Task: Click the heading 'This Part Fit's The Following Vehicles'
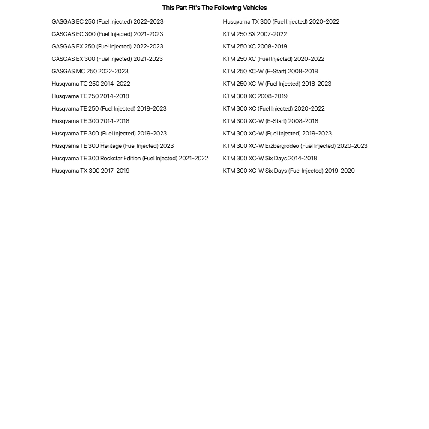click(214, 8)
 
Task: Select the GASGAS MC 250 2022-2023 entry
click(90, 71)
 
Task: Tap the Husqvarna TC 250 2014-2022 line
click(91, 84)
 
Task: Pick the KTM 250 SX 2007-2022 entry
click(255, 34)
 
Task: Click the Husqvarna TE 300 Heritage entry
click(113, 146)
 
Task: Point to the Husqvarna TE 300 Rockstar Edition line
click(130, 158)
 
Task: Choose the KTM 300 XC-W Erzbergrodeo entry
click(295, 146)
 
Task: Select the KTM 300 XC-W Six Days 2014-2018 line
click(270, 158)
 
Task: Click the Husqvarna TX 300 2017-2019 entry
click(90, 171)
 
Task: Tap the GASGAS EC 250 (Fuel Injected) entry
click(108, 21)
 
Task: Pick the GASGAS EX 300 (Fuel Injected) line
click(107, 59)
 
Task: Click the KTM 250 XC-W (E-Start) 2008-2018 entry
click(270, 71)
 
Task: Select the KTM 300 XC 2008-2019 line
click(255, 96)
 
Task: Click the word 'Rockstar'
click(111, 158)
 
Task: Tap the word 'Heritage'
click(111, 146)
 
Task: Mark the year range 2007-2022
click(273, 34)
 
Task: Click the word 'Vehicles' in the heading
click(255, 8)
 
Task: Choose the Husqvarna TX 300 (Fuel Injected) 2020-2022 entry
click(281, 21)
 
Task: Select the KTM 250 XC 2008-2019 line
click(255, 46)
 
